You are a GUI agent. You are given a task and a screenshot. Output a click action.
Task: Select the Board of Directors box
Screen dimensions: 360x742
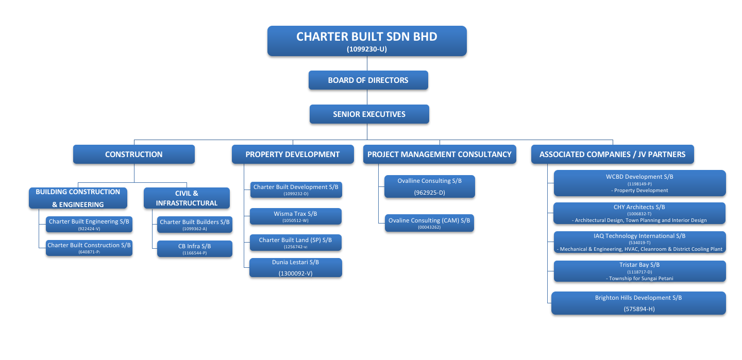(368, 80)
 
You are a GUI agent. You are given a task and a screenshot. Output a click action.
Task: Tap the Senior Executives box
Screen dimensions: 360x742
(369, 114)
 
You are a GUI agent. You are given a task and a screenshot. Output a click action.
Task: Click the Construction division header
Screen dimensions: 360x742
(134, 155)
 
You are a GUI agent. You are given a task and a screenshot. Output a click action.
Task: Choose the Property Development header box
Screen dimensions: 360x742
(293, 155)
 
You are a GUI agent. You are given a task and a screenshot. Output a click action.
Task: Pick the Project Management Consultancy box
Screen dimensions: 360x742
(440, 155)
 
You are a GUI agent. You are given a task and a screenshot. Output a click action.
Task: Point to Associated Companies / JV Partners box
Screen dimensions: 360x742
(612, 155)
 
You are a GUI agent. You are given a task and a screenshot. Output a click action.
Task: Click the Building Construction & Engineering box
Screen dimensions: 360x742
(78, 198)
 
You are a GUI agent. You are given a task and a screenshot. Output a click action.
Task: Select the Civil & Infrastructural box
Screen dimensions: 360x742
(187, 198)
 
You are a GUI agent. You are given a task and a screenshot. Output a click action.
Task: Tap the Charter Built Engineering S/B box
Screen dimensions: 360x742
(89, 224)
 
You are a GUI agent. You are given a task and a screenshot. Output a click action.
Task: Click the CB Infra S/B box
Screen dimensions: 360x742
(194, 249)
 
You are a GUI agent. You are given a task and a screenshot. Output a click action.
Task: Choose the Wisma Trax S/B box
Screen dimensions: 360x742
(295, 216)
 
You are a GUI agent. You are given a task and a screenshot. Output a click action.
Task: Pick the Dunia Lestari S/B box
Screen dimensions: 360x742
(295, 268)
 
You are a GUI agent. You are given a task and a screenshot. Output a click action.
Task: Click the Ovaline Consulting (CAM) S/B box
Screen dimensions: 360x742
(429, 223)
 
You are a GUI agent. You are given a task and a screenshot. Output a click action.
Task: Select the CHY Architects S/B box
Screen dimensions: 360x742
(639, 213)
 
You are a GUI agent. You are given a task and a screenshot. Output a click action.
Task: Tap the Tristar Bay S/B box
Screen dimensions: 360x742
(639, 271)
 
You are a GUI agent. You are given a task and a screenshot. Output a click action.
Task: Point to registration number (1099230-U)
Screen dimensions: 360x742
(367, 49)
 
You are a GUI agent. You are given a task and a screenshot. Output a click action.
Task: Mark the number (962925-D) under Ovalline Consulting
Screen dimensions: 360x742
(429, 193)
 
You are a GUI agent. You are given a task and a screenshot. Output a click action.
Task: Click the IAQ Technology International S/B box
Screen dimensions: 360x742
(639, 242)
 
